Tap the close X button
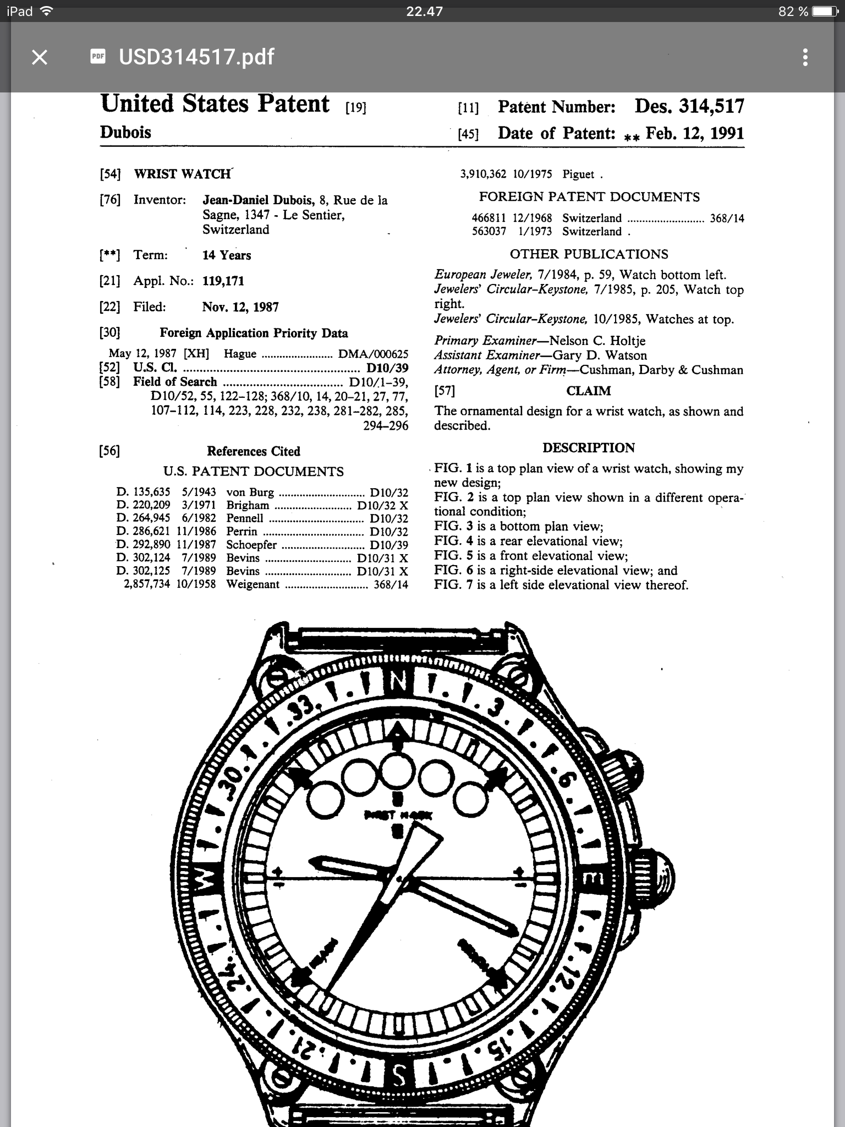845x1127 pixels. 40,57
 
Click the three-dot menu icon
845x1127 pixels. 805,57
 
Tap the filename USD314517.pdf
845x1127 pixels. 196,57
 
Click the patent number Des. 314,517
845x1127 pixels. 689,106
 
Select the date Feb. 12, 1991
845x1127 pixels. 694,133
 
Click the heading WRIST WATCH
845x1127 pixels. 182,174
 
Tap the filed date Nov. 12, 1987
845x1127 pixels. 240,307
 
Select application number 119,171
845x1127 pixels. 223,281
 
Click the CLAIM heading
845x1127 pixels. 588,391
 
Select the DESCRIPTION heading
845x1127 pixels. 588,448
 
